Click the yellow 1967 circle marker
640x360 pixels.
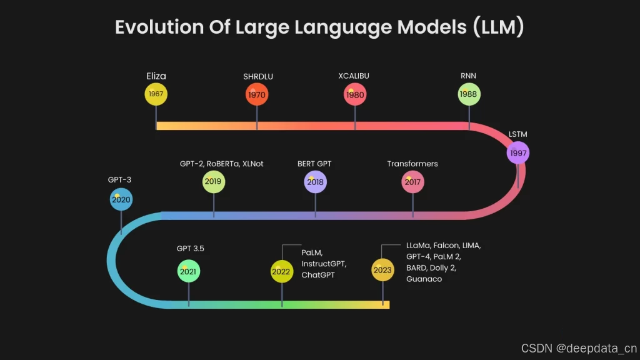point(156,94)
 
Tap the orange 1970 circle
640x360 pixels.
point(257,95)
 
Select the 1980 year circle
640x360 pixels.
point(355,95)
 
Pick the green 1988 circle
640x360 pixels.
point(469,94)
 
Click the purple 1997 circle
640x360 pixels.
point(517,153)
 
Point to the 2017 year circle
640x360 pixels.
point(412,182)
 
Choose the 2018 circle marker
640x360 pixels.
point(315,182)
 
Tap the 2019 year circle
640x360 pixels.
point(214,182)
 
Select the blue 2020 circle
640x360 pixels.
point(121,200)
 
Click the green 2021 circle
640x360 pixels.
point(188,272)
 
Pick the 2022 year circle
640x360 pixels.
point(281,272)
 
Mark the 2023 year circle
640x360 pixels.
point(382,271)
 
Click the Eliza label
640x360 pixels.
point(156,76)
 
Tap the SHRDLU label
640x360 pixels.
point(258,77)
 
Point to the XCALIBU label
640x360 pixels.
point(354,76)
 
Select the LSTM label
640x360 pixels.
point(517,134)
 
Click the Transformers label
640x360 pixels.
point(412,164)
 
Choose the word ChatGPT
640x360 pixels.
point(318,275)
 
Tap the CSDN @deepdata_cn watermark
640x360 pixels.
point(579,347)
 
